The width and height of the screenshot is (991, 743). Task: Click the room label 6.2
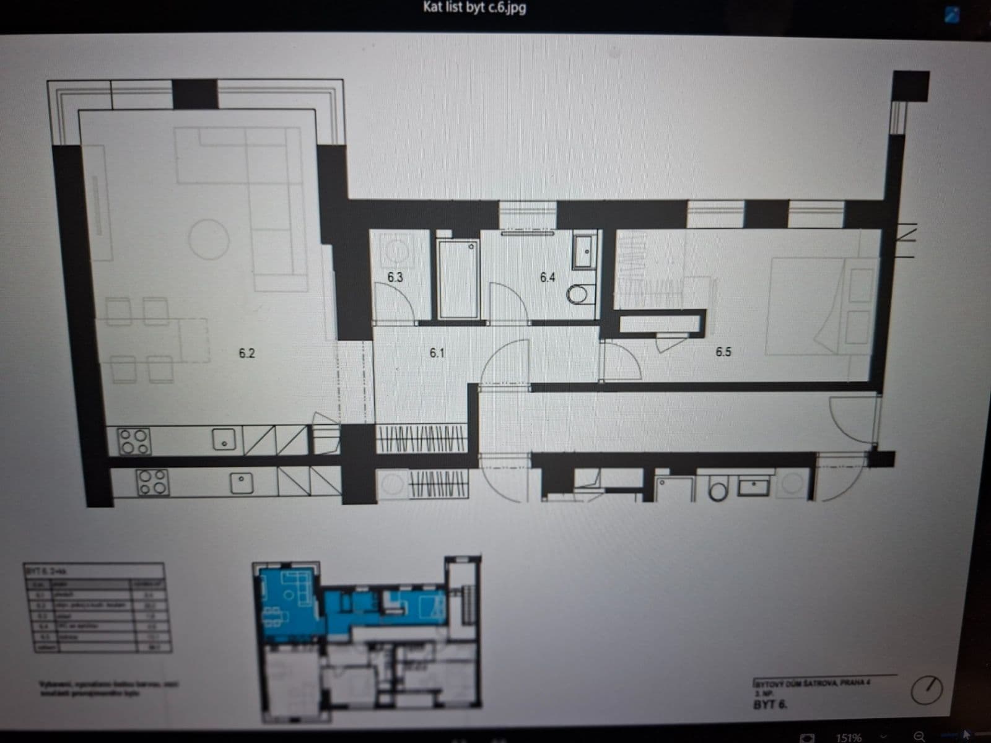click(247, 354)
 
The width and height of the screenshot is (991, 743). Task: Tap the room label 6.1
click(437, 353)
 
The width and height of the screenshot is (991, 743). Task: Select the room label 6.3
click(395, 277)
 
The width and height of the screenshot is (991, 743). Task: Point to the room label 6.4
click(548, 277)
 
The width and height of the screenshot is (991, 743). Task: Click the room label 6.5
click(723, 352)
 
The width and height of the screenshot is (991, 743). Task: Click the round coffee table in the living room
click(209, 239)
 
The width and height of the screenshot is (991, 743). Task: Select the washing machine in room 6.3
click(395, 250)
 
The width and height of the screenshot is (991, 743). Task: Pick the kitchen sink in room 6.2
click(224, 440)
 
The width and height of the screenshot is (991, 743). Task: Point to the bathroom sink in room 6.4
click(584, 251)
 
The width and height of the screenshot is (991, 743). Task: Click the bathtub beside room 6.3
click(458, 278)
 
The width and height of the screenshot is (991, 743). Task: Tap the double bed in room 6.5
click(805, 306)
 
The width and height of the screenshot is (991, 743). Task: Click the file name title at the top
click(474, 7)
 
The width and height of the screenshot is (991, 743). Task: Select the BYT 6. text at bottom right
click(771, 705)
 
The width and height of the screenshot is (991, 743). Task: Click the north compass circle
click(927, 689)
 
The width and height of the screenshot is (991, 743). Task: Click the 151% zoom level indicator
click(849, 737)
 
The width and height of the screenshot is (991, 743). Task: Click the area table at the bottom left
click(97, 607)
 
